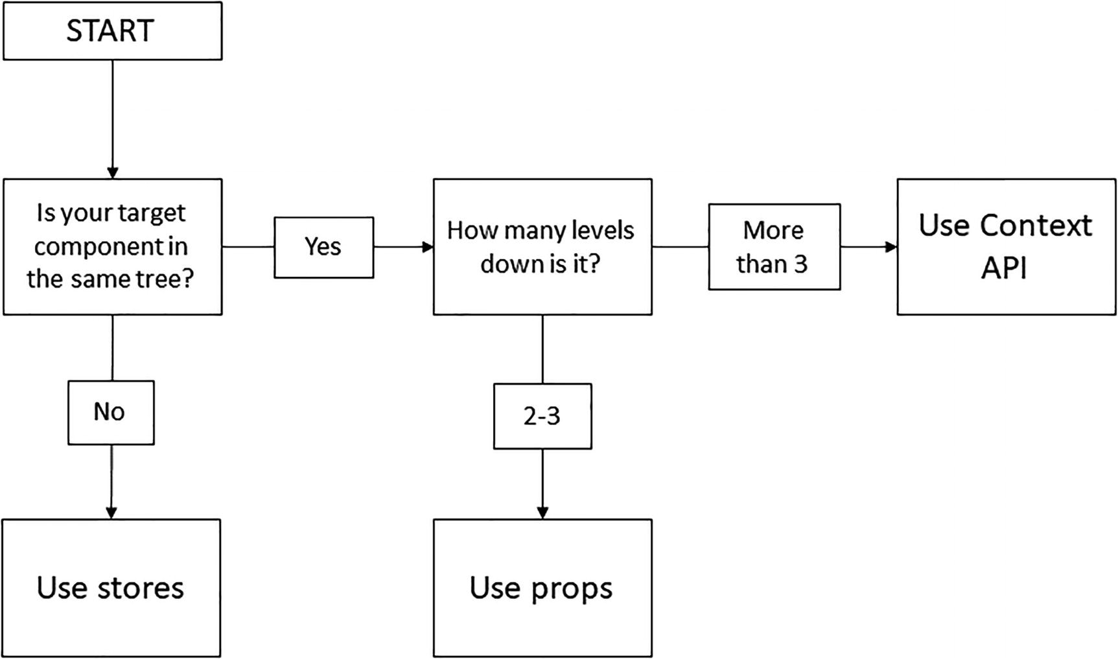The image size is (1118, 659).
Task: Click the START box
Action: pyautogui.click(x=112, y=31)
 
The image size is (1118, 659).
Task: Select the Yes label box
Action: pyautogui.click(x=323, y=247)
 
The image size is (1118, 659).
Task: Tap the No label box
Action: pyautogui.click(x=111, y=412)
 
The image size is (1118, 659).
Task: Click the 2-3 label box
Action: pyautogui.click(x=542, y=416)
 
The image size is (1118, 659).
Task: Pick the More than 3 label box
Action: pyautogui.click(x=774, y=247)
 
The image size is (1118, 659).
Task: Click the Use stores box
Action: pyautogui.click(x=111, y=588)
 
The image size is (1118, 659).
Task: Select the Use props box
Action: pyautogui.click(x=542, y=588)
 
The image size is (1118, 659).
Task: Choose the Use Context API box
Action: pyautogui.click(x=1006, y=247)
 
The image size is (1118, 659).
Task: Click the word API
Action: pyautogui.click(x=1004, y=268)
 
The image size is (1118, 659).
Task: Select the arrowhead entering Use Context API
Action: pyautogui.click(x=891, y=247)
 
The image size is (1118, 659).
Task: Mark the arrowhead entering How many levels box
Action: pyautogui.click(x=428, y=247)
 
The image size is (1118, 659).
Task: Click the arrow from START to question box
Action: pyautogui.click(x=113, y=117)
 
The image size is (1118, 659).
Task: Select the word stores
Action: pyautogui.click(x=140, y=588)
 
